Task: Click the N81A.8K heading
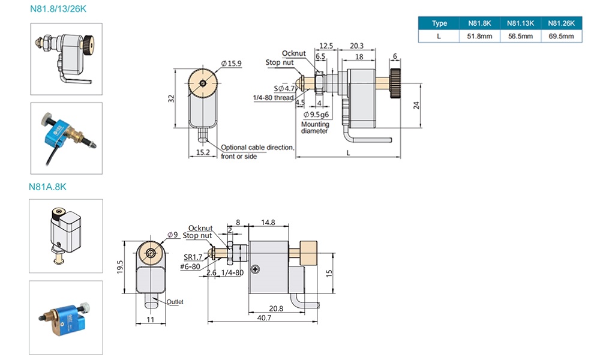coord(48,187)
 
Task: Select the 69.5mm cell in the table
coord(561,37)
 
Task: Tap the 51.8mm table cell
coord(479,37)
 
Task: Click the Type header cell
coord(439,23)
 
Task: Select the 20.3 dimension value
coord(356,46)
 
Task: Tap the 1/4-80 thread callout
coord(273,97)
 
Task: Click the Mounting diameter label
coord(315,128)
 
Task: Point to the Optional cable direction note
coord(257,151)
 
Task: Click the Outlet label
coord(175,302)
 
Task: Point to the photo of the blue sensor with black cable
coord(66,138)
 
